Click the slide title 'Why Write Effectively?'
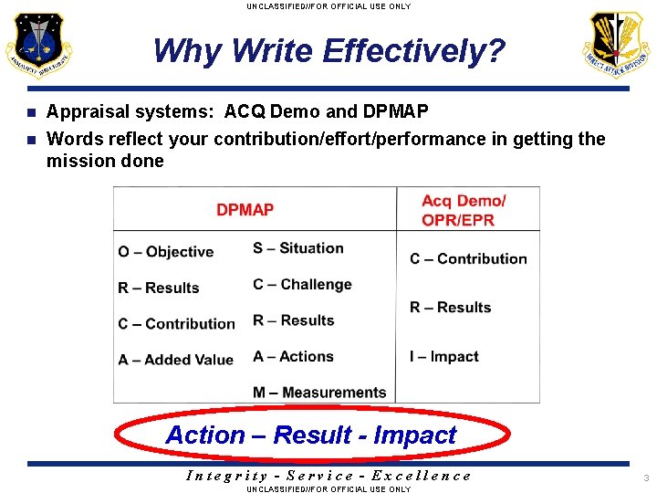[x=328, y=51]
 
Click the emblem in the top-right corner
[x=618, y=46]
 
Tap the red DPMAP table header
[x=245, y=210]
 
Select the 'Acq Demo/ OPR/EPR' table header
[x=464, y=210]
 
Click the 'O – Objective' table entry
[x=165, y=252]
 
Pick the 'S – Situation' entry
[x=298, y=248]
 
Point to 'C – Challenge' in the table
[x=302, y=285]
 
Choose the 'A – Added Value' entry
[x=175, y=360]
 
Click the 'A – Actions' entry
[x=293, y=357]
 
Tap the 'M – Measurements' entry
[x=319, y=393]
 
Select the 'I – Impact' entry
[x=443, y=357]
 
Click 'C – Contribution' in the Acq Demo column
[x=468, y=259]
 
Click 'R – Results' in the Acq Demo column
[x=450, y=308]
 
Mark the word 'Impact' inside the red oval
[x=414, y=435]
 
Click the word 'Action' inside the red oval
[x=205, y=435]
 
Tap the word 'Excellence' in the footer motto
[x=427, y=475]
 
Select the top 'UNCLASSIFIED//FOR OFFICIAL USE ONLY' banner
[x=328, y=6]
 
